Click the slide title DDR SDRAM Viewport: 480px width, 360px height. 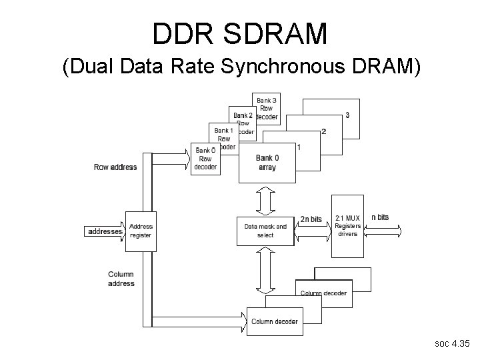coord(240,33)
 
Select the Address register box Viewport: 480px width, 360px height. coord(141,231)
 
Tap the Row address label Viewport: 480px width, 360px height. coord(115,167)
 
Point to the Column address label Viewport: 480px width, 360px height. coord(121,279)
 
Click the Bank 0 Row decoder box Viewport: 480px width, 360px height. coord(205,159)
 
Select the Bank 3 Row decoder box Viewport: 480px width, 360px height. coord(266,107)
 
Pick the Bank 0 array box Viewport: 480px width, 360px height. coord(267,163)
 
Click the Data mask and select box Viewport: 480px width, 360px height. coord(265,231)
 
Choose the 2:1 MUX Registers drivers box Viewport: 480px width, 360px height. coord(347,226)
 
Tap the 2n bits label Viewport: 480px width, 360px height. coord(311,219)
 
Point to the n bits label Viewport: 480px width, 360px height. coord(379,217)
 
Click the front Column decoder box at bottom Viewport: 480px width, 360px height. coord(275,321)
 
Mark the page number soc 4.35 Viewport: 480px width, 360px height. coord(451,344)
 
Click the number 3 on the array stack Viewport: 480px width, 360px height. coord(347,115)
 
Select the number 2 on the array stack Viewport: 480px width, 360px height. coord(323,131)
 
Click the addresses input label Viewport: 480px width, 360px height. coord(105,231)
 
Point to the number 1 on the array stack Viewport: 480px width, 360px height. coord(298,147)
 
